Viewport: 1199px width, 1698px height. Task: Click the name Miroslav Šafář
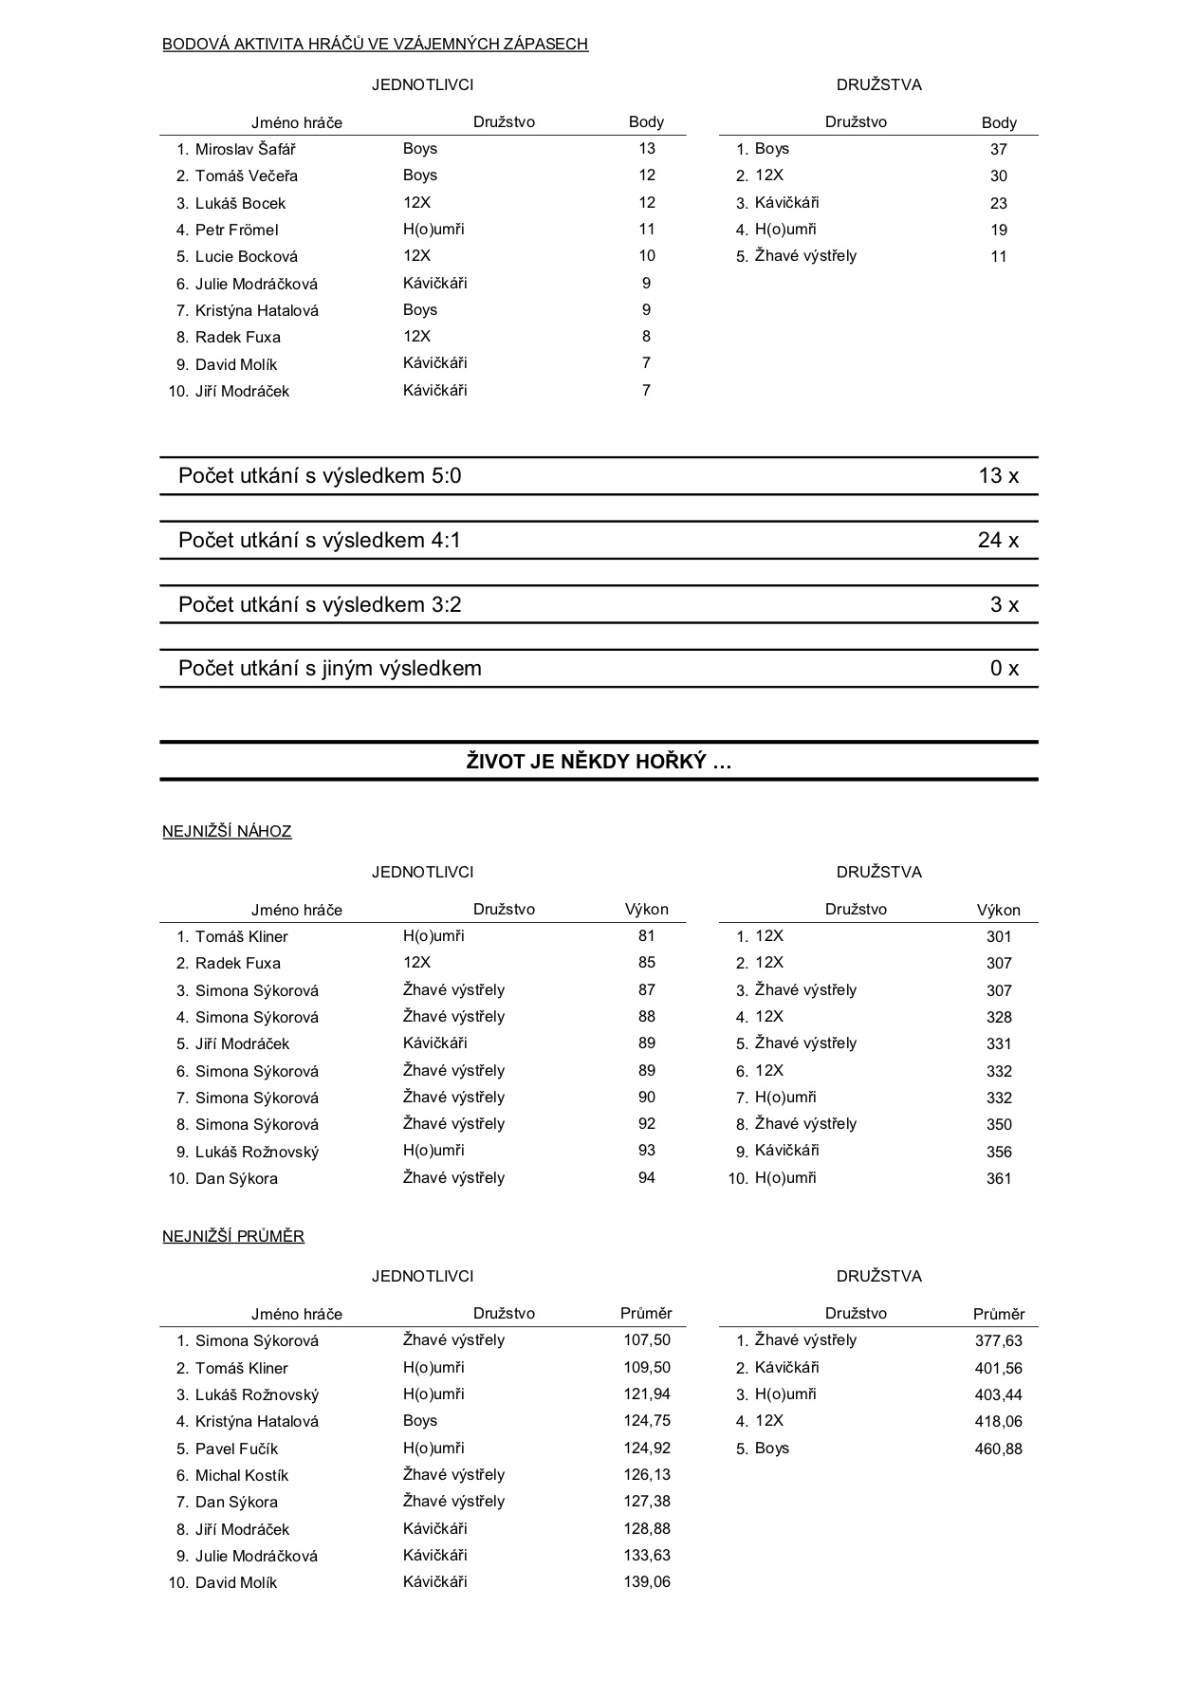245,149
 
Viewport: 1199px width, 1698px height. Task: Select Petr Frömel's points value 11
647,229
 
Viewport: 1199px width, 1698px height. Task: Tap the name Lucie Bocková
246,256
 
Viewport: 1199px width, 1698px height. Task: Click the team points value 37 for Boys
998,149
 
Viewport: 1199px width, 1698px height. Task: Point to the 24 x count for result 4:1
998,541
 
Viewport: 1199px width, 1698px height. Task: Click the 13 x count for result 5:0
998,476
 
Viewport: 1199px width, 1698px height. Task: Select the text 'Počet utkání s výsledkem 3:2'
320,605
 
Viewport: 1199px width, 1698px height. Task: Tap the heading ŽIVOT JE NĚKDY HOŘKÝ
599,762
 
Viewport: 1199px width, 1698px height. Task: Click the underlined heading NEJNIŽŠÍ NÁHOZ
227,832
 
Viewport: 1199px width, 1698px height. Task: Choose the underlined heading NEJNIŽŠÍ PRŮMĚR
233,1237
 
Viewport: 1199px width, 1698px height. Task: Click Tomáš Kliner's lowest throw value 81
647,935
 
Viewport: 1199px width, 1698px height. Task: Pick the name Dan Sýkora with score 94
236,1178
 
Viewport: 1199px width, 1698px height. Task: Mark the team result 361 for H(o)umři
999,1178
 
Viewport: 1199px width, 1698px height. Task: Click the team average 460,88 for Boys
998,1449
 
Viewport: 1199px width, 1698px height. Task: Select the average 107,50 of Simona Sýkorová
647,1340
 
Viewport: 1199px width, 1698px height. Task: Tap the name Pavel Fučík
236,1449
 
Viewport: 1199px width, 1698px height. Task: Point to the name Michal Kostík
241,1475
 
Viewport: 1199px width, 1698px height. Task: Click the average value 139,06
647,1582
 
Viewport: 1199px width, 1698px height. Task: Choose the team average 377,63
998,1340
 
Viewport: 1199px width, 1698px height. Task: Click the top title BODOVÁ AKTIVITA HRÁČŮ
375,44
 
